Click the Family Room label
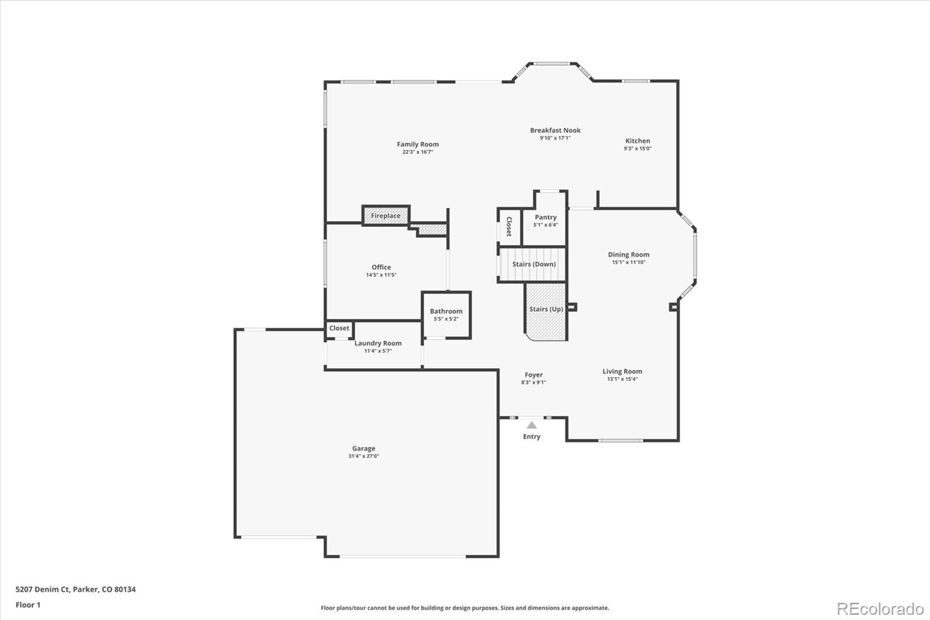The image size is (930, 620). (417, 144)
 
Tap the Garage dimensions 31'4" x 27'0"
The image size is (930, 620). (363, 457)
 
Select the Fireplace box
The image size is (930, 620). (386, 216)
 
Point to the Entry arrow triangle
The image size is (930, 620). (532, 425)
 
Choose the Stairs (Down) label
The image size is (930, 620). (534, 264)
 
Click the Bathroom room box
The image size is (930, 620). (446, 315)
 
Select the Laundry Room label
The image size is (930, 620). (378, 343)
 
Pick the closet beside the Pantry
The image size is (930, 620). (509, 226)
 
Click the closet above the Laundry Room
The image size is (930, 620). (339, 329)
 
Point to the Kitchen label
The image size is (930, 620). (638, 141)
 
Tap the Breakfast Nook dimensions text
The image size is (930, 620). (555, 138)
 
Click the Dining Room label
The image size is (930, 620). (628, 254)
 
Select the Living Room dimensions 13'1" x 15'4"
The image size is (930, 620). (622, 379)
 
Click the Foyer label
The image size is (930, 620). (534, 375)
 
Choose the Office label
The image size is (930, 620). (381, 267)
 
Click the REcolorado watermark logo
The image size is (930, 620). (880, 609)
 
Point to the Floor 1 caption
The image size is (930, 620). (28, 605)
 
